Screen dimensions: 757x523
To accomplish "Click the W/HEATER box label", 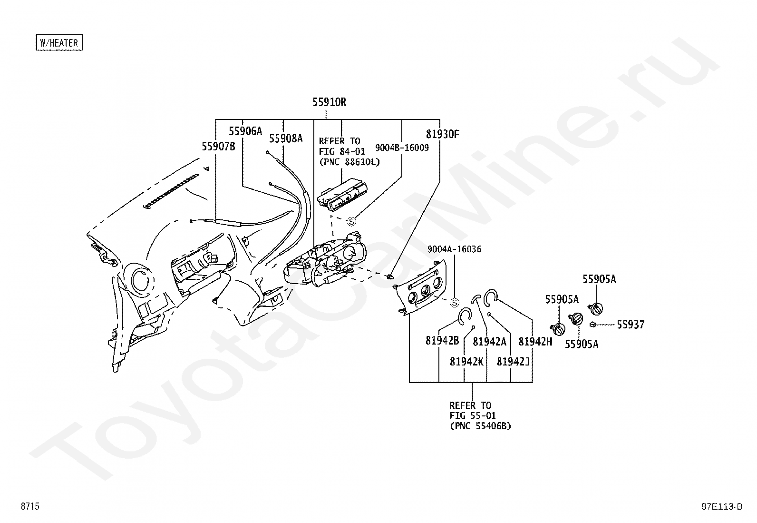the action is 59,43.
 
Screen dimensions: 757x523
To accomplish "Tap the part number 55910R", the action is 329,102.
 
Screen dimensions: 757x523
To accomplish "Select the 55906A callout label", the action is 245,131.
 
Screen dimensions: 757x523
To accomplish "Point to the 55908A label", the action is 286,138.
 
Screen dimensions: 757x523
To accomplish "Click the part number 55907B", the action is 218,146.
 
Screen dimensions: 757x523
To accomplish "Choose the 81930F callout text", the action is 442,134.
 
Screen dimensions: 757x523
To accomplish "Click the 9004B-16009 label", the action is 402,148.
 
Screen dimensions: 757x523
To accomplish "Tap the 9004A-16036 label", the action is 454,249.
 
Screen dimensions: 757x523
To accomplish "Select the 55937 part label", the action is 631,325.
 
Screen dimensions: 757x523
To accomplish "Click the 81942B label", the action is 442,341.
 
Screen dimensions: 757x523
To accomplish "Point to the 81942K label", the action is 466,362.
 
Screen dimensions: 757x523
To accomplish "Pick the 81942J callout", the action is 513,362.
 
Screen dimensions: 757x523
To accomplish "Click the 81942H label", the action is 535,342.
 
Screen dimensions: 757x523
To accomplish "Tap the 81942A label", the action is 489,342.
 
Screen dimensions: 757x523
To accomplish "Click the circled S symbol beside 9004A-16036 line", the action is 455,303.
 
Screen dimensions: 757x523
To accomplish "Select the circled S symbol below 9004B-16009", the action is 351,222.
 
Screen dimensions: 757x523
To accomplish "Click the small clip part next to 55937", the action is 592,325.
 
